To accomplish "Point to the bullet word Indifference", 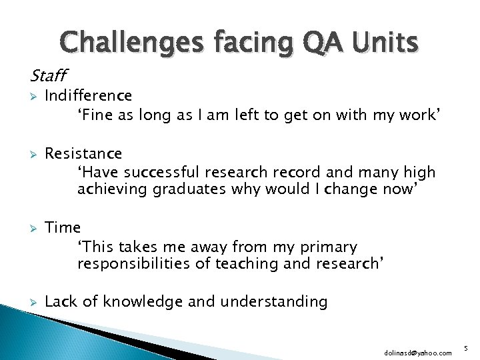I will [x=88, y=97].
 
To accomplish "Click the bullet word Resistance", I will [x=83, y=154].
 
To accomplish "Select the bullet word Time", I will [x=63, y=228].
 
